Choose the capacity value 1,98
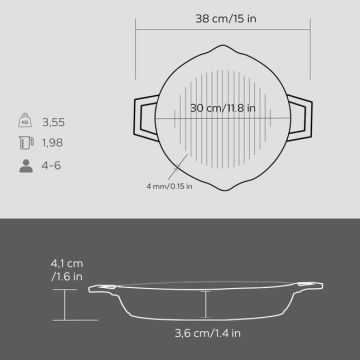click(x=52, y=144)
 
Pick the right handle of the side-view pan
click(x=317, y=290)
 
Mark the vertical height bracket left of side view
click(x=67, y=303)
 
